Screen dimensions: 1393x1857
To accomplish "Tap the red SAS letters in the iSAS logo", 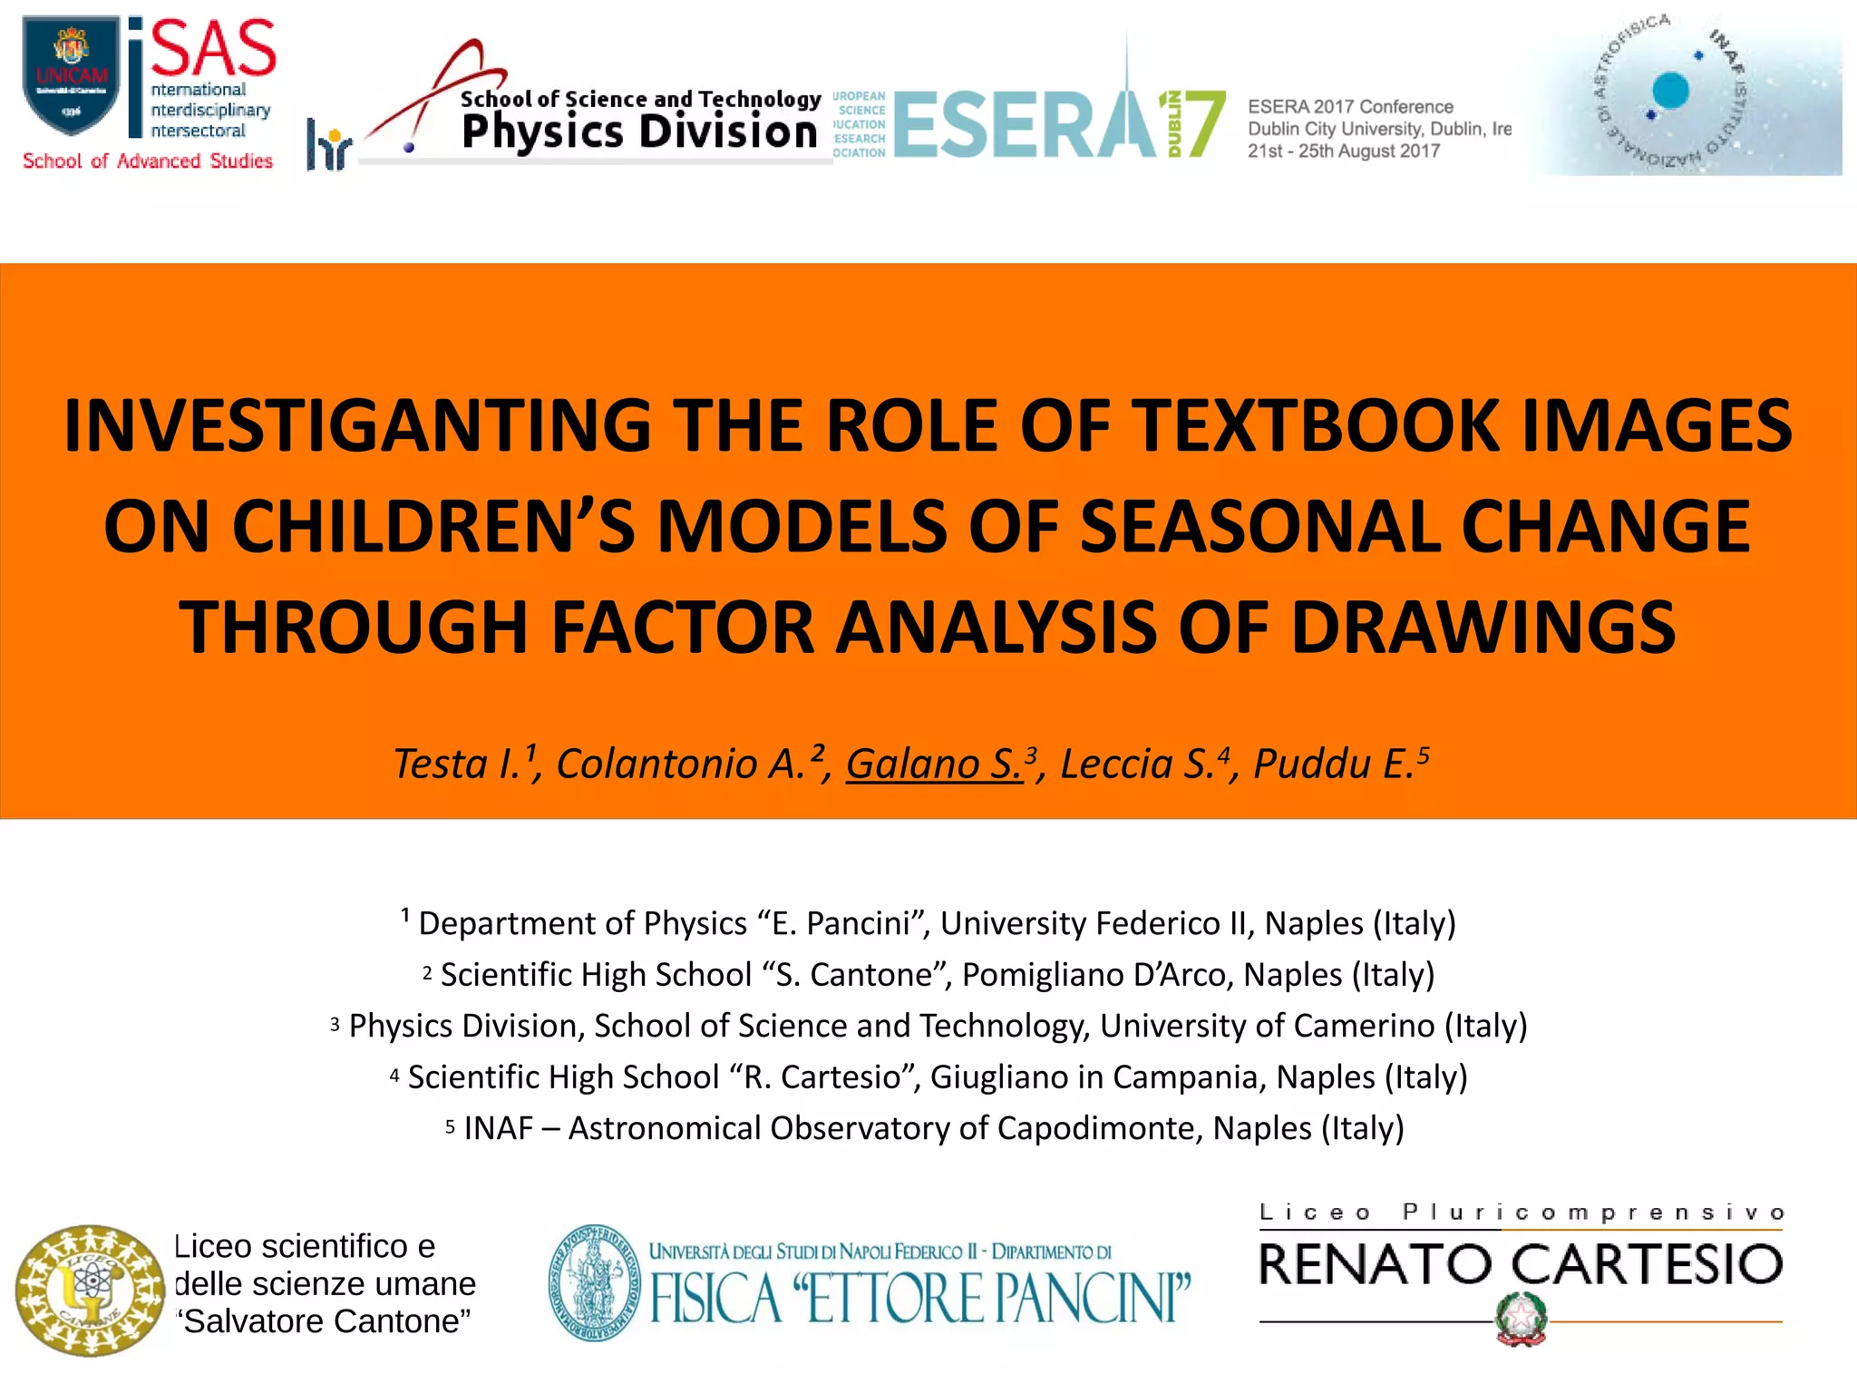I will tap(214, 49).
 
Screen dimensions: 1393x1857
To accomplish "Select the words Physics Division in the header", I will tap(639, 132).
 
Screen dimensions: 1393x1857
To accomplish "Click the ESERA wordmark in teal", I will tap(1025, 125).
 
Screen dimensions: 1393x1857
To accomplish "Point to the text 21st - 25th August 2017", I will tap(1343, 151).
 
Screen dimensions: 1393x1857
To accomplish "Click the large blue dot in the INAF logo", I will tap(1670, 90).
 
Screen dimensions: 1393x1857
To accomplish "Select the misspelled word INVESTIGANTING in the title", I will tap(357, 425).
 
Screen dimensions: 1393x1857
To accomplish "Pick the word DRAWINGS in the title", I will tap(1483, 627).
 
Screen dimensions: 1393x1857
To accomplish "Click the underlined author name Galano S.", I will tap(934, 764).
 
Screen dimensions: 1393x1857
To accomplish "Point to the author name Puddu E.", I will tap(1334, 764).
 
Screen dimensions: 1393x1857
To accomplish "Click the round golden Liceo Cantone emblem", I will tap(89, 1290).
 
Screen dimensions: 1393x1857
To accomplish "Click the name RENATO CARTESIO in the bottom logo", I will tap(1521, 1264).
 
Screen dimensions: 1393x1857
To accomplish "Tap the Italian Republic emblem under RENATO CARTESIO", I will tap(1521, 1319).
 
